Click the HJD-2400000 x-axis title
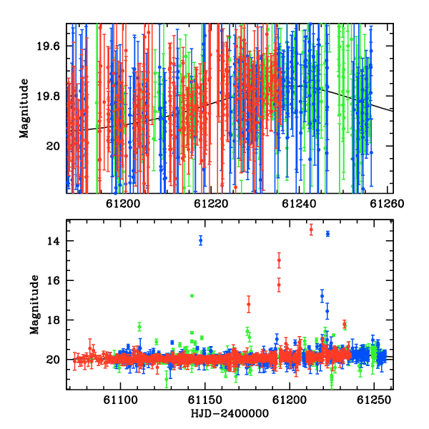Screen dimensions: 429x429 pos(230,413)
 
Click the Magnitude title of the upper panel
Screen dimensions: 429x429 pos(24,109)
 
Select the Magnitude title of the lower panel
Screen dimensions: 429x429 pos(34,305)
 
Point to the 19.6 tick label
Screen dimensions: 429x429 pos(48,46)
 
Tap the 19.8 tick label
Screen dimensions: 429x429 pos(48,97)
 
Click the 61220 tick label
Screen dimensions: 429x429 pos(211,204)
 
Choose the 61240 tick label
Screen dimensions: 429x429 pos(299,204)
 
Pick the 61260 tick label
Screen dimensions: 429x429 pos(387,204)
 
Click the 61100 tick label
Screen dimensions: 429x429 pos(120,400)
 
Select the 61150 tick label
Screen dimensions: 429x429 pos(205,400)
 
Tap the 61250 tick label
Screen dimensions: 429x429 pos(374,400)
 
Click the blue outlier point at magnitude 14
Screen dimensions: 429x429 pos(201,240)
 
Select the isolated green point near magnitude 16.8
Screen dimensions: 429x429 pos(192,296)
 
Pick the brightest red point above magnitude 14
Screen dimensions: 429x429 pos(311,230)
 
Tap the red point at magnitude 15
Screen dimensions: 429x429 pos(279,260)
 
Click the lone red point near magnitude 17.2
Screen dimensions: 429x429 pos(248,305)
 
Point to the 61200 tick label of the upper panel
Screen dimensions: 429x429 pos(123,204)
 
